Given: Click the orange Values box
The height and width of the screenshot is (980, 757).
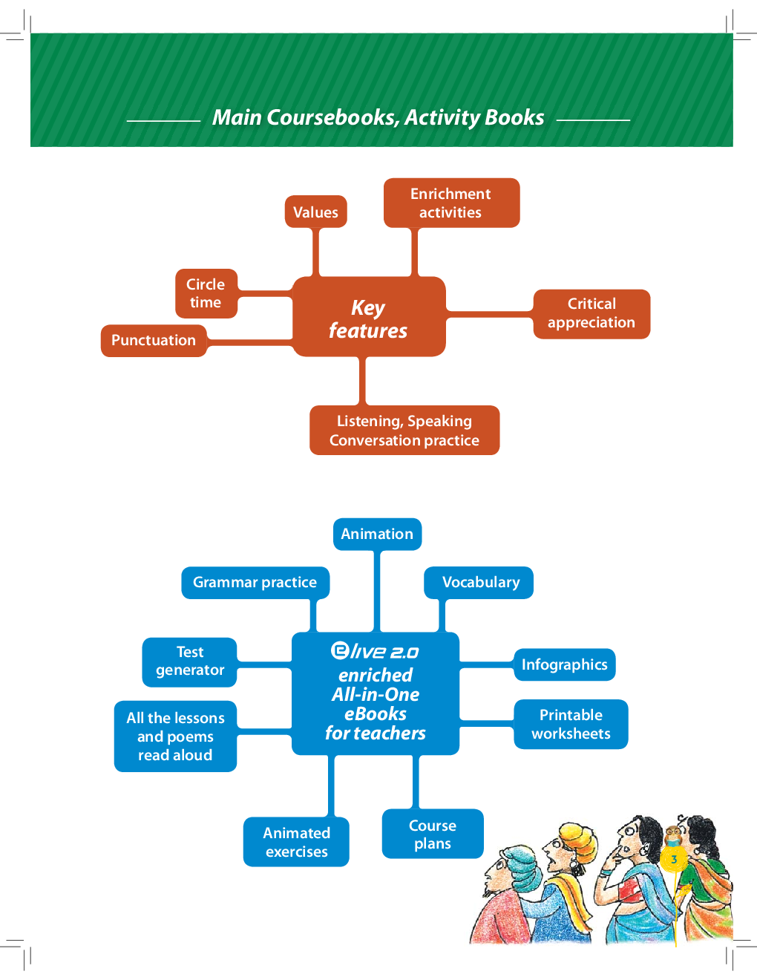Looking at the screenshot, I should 315,212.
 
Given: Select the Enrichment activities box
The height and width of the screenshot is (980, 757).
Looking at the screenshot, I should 451,203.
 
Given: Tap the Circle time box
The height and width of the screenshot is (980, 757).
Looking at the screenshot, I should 206,293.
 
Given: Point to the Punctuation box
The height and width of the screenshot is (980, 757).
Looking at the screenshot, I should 154,340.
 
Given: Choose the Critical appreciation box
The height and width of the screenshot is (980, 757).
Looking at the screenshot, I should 591,313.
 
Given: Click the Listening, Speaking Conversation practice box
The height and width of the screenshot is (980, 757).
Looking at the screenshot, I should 404,431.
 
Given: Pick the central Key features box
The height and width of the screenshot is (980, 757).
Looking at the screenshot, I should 369,318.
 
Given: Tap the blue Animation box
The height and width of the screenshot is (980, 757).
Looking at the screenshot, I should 377,534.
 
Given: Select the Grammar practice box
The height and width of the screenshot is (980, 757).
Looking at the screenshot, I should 255,582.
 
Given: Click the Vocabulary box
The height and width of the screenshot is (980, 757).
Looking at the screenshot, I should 480,582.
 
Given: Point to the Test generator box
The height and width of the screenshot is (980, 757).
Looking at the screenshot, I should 190,661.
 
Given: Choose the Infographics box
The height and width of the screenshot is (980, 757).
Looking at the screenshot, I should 564,664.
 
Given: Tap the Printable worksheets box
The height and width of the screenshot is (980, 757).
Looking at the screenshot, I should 571,724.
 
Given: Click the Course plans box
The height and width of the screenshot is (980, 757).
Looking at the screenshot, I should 433,834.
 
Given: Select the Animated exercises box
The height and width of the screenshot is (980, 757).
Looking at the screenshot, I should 296,842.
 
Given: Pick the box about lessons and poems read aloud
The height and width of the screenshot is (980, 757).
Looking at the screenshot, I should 175,736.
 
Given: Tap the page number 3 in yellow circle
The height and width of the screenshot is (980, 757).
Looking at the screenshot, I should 674,860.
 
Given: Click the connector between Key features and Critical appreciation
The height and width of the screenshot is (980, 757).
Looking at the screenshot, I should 489,314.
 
